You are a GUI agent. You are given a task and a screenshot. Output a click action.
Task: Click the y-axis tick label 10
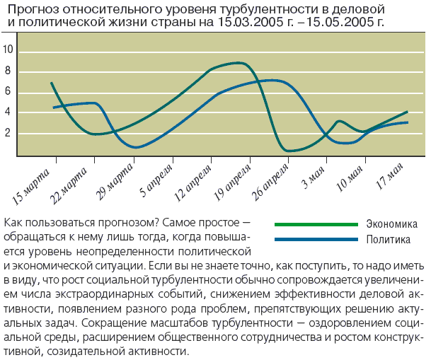click(x=8, y=50)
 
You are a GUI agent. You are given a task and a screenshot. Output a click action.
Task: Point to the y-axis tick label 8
click(x=8, y=71)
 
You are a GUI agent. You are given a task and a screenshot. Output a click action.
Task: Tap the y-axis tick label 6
click(x=8, y=91)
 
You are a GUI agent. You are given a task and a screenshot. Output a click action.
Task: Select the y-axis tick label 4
click(x=8, y=112)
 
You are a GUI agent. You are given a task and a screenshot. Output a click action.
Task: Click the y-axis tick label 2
click(x=8, y=133)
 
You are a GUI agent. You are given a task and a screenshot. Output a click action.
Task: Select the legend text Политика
click(x=389, y=240)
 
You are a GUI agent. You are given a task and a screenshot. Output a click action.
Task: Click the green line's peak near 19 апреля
click(x=239, y=63)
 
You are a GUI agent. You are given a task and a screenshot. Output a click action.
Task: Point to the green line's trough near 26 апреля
click(x=289, y=151)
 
